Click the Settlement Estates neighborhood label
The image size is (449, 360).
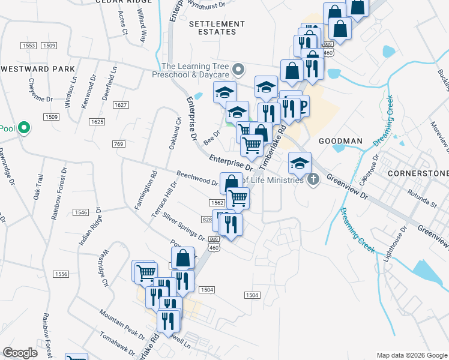[217, 28]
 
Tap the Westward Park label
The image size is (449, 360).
[38, 69]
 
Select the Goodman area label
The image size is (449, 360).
[340, 140]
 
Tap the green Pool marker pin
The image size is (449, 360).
[24, 128]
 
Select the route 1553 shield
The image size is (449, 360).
[28, 46]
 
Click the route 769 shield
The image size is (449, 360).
[118, 144]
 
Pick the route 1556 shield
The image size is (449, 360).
[61, 274]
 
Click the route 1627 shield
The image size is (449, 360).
[121, 105]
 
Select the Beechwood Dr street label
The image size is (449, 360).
[197, 178]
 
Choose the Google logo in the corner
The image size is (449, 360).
[20, 353]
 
